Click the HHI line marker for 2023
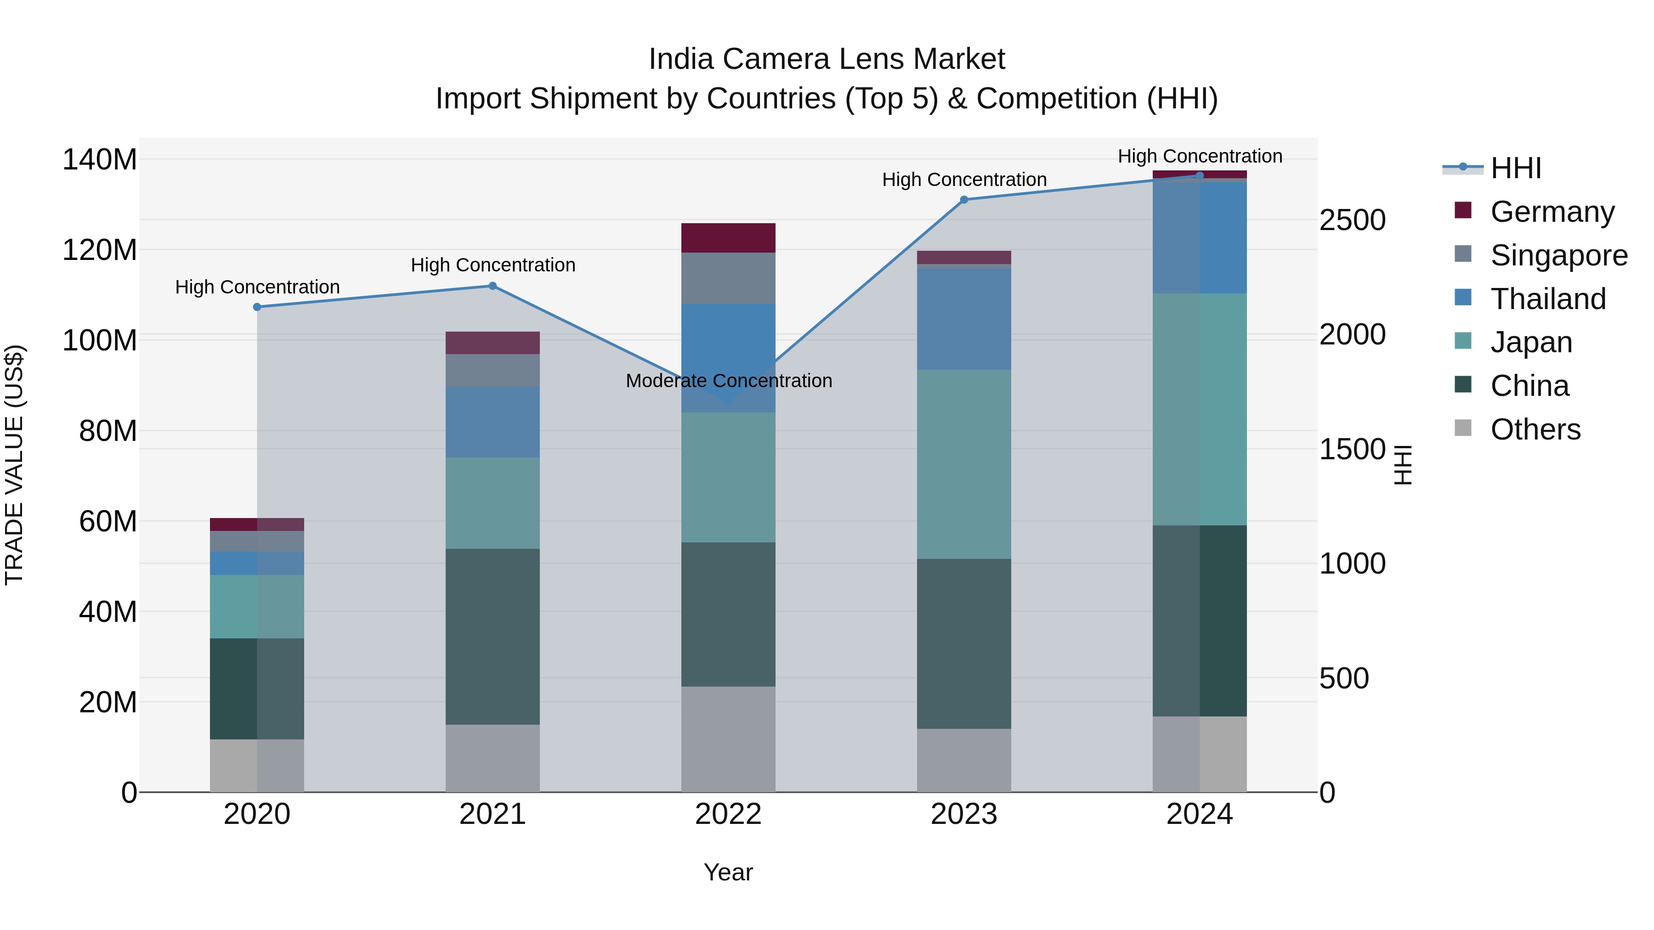tap(964, 200)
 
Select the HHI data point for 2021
tap(493, 286)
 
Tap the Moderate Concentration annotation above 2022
tap(729, 381)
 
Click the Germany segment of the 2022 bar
tap(728, 237)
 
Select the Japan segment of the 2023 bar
tap(964, 463)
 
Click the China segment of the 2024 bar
tap(1200, 620)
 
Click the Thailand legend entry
tap(1547, 299)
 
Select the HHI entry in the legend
tap(1515, 168)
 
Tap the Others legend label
tap(1535, 429)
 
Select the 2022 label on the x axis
tap(728, 814)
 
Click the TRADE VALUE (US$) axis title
tap(14, 465)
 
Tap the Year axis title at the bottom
tap(728, 872)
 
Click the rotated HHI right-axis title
tap(1404, 465)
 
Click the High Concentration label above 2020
tap(257, 287)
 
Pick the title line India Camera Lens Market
tap(827, 59)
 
